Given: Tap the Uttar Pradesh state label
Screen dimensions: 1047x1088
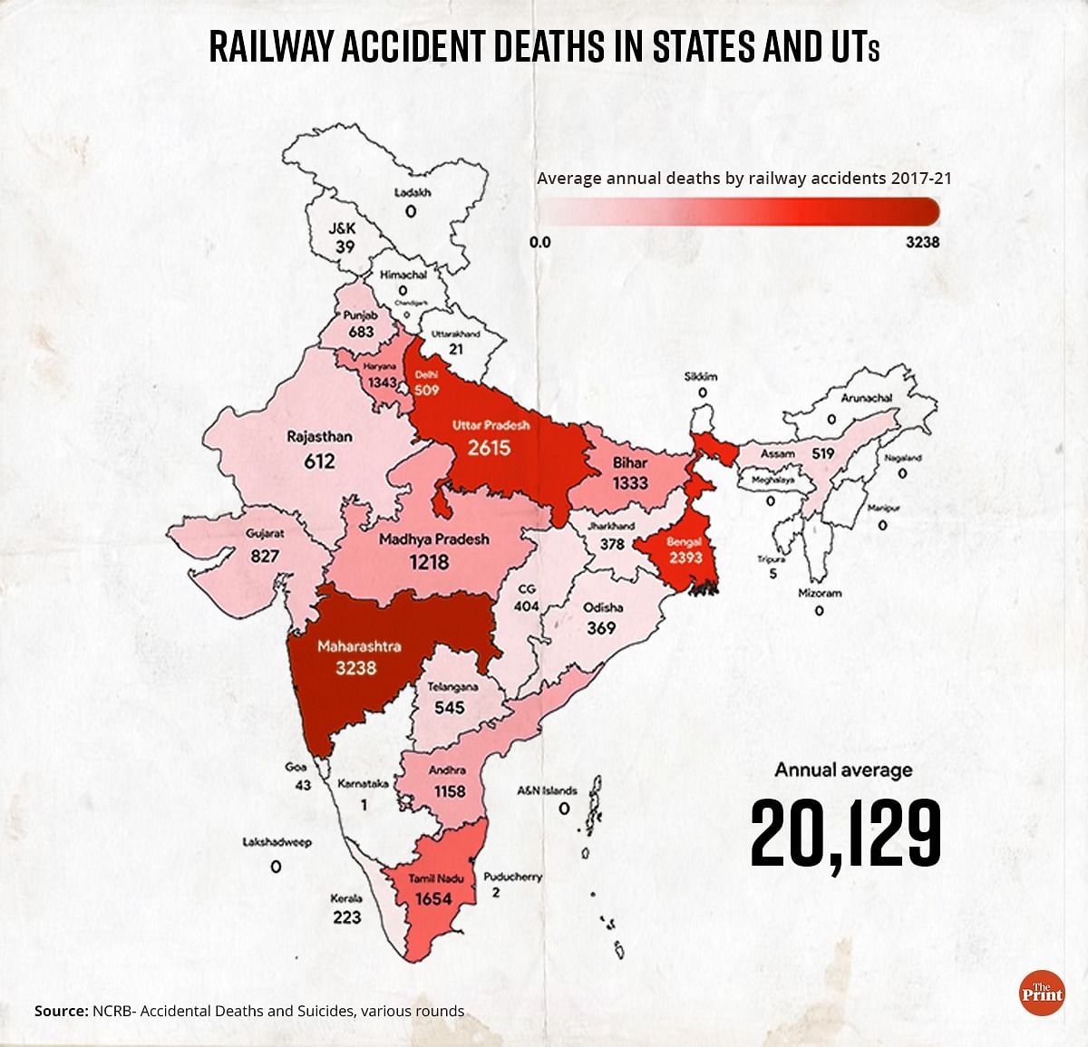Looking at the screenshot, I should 491,424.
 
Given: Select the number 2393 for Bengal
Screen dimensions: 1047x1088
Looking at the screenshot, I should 685,557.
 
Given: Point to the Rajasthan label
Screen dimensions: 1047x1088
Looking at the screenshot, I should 319,436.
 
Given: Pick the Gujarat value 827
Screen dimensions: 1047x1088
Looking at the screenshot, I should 265,554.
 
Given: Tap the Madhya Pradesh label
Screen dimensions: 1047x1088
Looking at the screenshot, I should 433,538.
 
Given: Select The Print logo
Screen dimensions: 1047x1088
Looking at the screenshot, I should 1042,993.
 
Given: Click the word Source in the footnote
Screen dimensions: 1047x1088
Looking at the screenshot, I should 60,1011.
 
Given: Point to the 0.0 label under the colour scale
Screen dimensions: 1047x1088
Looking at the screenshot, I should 539,242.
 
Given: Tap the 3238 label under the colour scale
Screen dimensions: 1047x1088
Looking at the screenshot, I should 922,242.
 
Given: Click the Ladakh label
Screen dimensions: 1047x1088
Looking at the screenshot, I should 413,192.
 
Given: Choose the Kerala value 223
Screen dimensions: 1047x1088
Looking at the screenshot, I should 346,916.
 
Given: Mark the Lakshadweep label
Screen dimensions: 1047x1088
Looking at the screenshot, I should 277,842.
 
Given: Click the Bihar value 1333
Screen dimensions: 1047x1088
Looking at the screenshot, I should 629,483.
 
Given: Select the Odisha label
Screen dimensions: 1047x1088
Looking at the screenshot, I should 603,607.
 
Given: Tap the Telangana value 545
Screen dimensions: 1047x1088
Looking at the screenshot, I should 450,707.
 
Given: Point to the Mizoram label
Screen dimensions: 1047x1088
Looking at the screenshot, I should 820,592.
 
